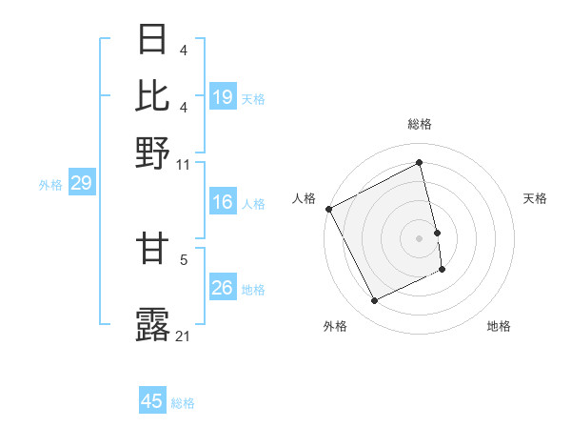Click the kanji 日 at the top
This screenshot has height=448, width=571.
pos(152,40)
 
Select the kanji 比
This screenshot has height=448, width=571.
pos(152,95)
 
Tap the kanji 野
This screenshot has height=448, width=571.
pos(152,152)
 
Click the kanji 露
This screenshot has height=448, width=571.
pos(152,324)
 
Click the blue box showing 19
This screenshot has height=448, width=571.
pos(223,97)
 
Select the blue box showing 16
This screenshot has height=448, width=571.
pos(223,202)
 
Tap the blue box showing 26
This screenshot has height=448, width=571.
pos(223,288)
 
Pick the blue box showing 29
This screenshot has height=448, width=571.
pos(81,183)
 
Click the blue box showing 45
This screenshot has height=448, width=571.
pos(152,401)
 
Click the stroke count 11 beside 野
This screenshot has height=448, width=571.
pos(184,164)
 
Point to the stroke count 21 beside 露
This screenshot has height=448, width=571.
pos(184,336)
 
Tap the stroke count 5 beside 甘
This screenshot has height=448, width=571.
pos(184,258)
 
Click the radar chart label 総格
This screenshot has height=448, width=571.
pos(419,124)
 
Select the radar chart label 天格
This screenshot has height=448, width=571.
pos(535,198)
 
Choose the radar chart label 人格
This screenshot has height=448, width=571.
pos(304,198)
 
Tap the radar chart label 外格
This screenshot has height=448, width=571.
pos(335,327)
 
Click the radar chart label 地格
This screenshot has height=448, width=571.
pos(499,327)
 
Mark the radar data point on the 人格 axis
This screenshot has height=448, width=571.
pos(328,209)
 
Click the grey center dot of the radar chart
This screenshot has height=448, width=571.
pos(419,238)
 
